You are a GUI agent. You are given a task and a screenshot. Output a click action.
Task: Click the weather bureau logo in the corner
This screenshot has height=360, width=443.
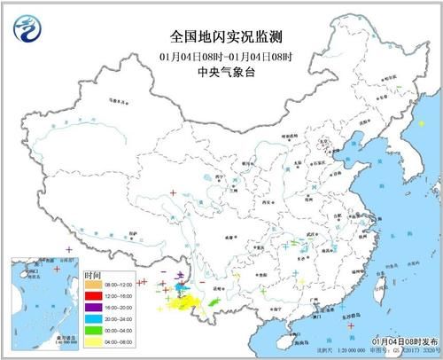click(x=27, y=28)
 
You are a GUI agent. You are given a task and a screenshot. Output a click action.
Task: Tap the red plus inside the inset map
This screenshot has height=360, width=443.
click(x=55, y=267)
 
